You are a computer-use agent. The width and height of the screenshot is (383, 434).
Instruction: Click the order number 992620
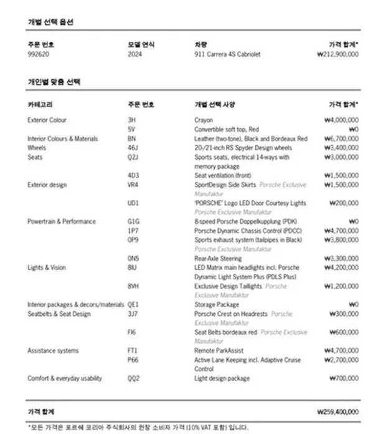(x=39, y=54)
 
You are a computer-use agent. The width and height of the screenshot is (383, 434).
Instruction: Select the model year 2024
(x=135, y=54)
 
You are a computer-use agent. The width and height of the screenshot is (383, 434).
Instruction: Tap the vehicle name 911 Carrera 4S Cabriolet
(x=227, y=54)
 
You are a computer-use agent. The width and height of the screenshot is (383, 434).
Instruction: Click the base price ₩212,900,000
(x=337, y=54)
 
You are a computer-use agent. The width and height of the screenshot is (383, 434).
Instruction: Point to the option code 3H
(x=131, y=120)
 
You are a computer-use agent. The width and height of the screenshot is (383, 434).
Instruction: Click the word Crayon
(x=204, y=120)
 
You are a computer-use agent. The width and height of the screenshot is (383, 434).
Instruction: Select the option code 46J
(x=133, y=148)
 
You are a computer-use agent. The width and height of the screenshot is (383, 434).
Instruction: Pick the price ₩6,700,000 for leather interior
(x=341, y=138)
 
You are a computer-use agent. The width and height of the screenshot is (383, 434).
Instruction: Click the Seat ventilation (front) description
(x=223, y=176)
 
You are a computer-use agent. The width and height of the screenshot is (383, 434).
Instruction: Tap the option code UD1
(x=133, y=203)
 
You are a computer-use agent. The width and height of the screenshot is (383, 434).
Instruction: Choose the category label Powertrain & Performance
(x=62, y=221)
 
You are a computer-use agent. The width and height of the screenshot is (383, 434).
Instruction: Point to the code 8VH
(x=133, y=286)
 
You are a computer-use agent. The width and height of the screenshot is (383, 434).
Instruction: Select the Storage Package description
(x=217, y=304)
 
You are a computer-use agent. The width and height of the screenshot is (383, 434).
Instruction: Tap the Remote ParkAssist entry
(x=219, y=350)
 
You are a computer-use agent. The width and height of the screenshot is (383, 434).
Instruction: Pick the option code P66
(x=133, y=360)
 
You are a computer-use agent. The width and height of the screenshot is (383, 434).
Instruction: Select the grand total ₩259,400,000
(x=338, y=412)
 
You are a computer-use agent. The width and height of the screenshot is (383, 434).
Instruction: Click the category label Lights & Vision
(x=47, y=268)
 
